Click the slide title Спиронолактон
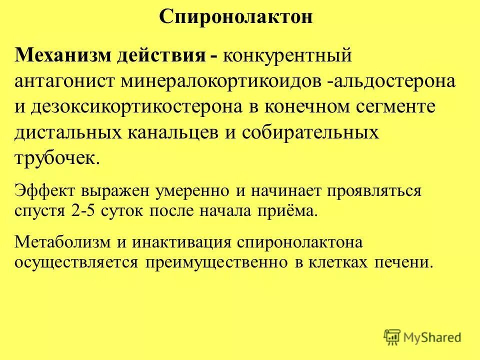(236, 17)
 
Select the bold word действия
(160, 54)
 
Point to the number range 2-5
(84, 210)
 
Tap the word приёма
(290, 210)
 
